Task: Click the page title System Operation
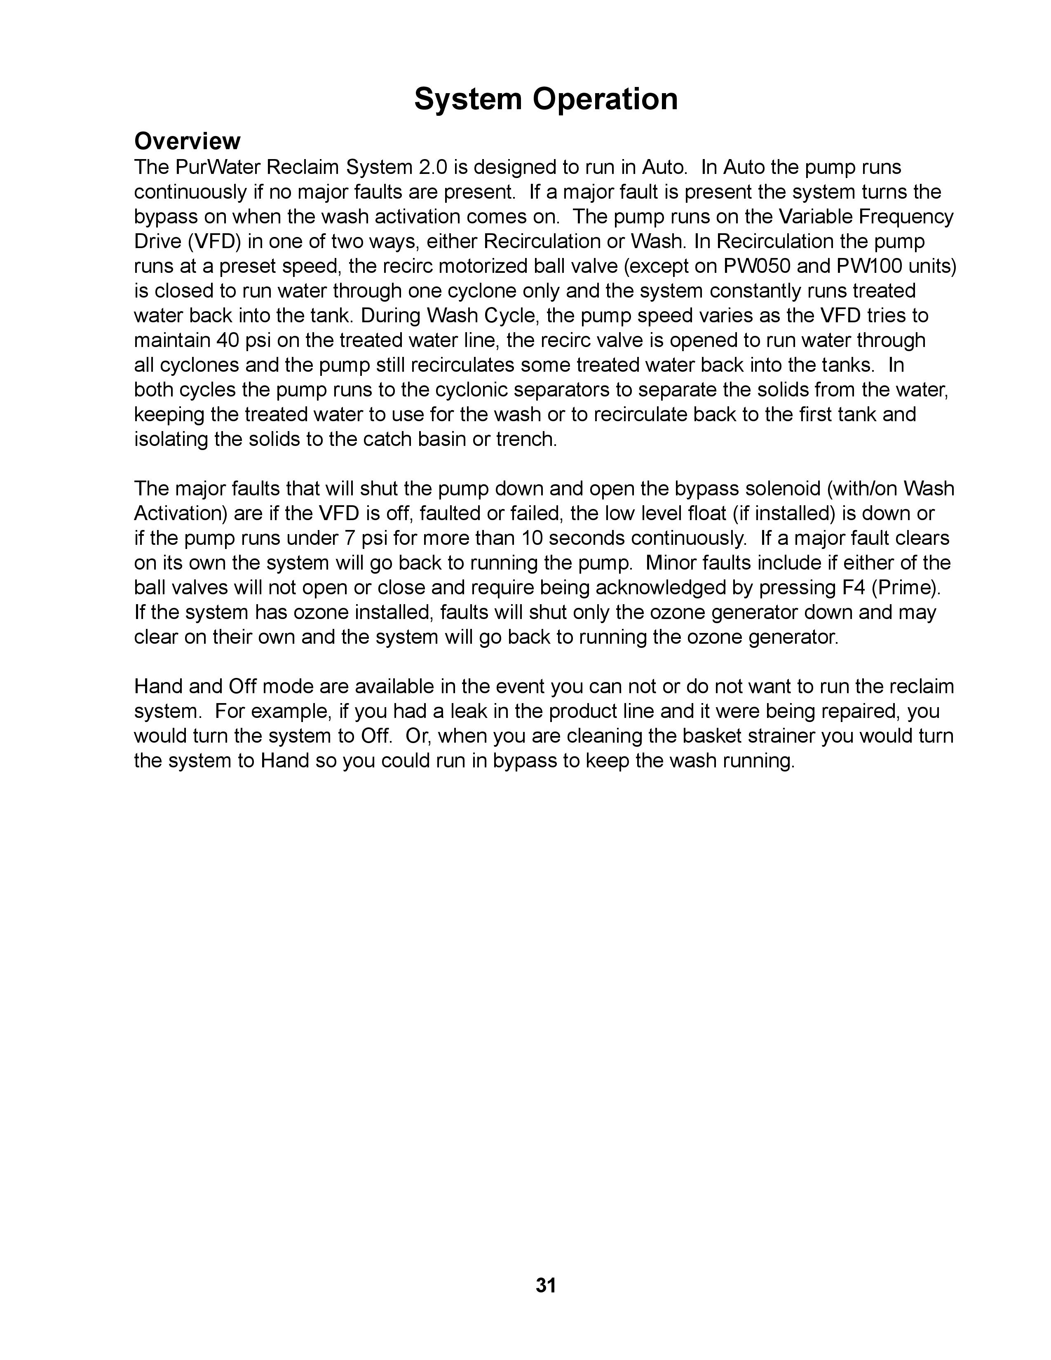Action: point(545,99)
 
